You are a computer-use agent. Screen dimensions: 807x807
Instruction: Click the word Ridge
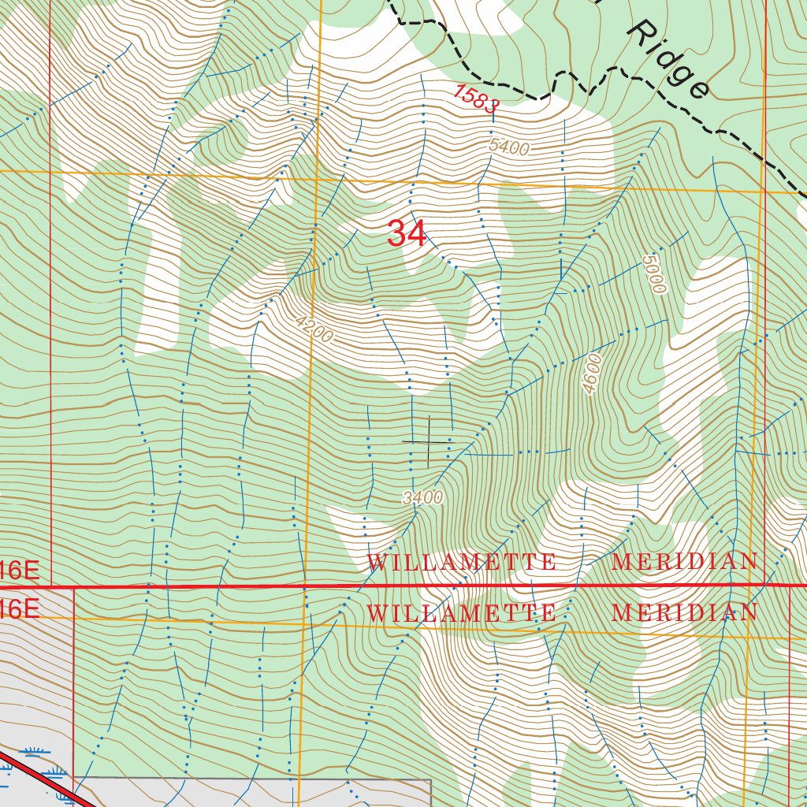(x=668, y=59)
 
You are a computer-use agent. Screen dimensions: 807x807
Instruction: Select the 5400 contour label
(x=508, y=147)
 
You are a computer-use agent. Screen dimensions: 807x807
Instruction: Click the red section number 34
(x=407, y=234)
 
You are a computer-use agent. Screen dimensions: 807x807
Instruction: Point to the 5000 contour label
(x=654, y=273)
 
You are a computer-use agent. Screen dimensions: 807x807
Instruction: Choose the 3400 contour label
(x=422, y=497)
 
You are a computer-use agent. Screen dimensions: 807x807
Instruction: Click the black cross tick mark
(x=427, y=441)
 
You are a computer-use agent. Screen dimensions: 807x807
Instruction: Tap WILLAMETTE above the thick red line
(x=462, y=562)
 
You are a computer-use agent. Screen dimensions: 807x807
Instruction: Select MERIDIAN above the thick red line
(x=684, y=562)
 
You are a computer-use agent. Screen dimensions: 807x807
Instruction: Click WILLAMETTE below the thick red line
(x=462, y=613)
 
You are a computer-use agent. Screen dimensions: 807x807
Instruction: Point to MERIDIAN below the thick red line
(x=684, y=613)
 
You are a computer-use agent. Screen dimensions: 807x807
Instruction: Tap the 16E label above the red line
(x=19, y=570)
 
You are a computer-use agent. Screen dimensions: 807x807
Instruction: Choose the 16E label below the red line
(x=19, y=608)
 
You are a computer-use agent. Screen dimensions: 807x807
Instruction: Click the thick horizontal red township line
(x=236, y=586)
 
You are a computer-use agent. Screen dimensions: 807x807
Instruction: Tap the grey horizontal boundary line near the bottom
(x=252, y=779)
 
